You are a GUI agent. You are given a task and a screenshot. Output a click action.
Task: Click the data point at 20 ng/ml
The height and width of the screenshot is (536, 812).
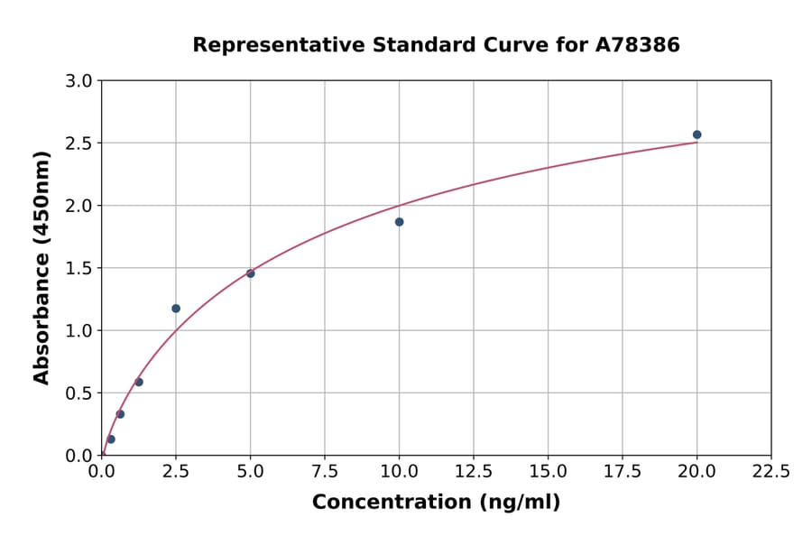697,134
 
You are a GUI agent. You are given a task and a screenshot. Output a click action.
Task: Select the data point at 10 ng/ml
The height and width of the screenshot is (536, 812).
399,222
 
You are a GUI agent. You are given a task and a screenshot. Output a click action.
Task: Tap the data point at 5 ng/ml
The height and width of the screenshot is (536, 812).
250,273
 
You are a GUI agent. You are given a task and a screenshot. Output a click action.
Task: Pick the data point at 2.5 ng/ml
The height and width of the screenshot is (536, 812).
176,309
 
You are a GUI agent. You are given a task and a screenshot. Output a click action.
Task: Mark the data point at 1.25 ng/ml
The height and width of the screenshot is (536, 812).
139,382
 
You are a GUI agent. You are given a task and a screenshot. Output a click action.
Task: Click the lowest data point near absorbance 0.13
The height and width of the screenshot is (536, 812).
111,439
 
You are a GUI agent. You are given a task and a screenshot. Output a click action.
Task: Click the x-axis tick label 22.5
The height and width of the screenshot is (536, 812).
770,472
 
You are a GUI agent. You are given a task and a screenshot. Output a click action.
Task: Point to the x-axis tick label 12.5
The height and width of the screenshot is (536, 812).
474,472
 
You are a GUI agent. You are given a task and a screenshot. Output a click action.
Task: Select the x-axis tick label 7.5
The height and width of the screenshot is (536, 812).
325,472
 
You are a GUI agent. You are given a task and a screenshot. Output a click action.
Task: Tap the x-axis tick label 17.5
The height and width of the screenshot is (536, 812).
622,472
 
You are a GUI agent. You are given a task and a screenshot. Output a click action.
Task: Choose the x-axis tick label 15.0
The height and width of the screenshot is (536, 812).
548,472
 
